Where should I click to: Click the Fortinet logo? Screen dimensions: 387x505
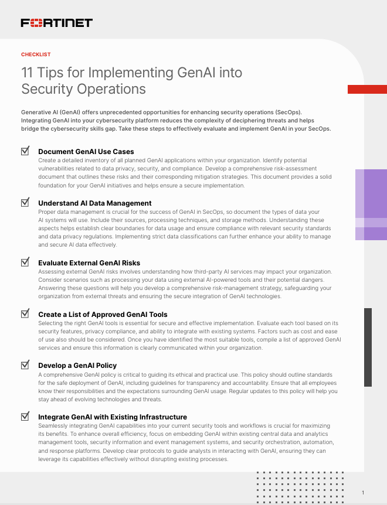pos(57,23)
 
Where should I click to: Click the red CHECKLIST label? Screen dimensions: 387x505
pos(36,54)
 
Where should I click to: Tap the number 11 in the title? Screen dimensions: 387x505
pos(27,73)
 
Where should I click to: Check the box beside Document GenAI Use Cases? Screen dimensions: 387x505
pos(25,151)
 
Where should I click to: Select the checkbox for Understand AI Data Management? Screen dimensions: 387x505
pos(25,202)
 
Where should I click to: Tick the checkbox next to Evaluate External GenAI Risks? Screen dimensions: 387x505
pos(25,262)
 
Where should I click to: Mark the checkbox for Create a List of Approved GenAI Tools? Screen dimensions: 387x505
pos(25,313)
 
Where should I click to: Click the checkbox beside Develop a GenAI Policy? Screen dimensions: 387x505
pos(25,364)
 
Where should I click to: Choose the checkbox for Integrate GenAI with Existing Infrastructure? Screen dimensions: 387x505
pos(25,416)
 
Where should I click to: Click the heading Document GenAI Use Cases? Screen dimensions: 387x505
pos(86,152)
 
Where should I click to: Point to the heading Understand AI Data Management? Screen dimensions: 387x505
pos(95,203)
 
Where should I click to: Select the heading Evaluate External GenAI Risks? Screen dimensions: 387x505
pos(89,263)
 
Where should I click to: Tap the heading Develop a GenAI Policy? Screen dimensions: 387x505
pos(77,366)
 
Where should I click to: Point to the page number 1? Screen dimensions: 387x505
pos(363,493)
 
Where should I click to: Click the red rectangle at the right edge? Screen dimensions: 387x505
pos(367,89)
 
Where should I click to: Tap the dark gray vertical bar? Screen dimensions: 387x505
pos(368,347)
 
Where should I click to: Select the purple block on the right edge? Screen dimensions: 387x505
pos(371,204)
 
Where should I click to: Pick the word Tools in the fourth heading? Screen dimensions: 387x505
pos(158,315)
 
